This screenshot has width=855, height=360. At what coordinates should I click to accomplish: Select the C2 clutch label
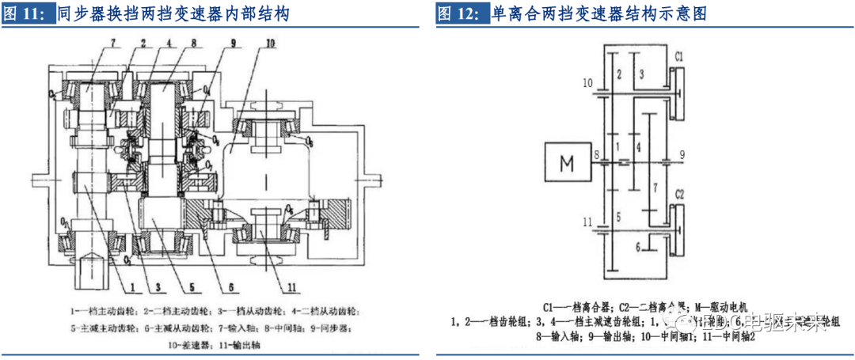pyautogui.click(x=680, y=193)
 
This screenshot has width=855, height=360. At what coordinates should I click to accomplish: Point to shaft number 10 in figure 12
pyautogui.click(x=587, y=82)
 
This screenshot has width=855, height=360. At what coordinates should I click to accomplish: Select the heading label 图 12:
pyautogui.click(x=461, y=13)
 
